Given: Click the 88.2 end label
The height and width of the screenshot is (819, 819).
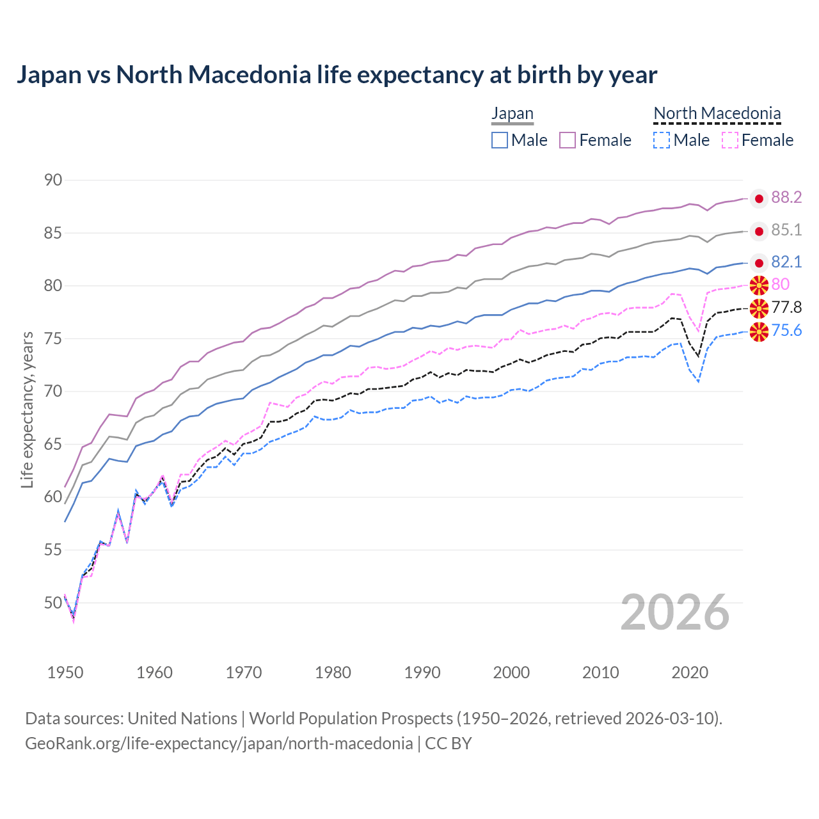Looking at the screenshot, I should tap(786, 198).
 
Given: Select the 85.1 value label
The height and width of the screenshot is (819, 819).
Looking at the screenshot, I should tap(786, 230).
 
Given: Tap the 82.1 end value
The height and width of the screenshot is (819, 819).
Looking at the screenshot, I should tap(786, 262).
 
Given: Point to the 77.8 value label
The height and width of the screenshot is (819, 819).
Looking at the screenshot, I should tap(786, 308).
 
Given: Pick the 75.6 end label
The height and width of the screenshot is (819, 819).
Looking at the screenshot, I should tap(786, 331).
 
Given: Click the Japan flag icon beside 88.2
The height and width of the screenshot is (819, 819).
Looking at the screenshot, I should tap(759, 199).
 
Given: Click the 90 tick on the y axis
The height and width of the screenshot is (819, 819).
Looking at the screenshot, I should tap(54, 180).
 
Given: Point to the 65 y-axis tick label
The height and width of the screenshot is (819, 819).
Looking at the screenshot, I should tap(54, 444).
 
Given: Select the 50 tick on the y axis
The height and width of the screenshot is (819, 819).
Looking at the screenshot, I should tap(54, 603).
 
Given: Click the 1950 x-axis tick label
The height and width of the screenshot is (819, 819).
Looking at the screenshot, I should tap(65, 672).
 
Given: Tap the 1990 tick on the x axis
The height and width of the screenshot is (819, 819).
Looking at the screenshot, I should tap(422, 672).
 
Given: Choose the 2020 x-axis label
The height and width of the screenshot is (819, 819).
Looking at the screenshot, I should tap(690, 672).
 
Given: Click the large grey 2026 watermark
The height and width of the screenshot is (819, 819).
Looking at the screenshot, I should tap(675, 612).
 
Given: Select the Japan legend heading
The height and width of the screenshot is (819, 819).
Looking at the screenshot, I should tap(512, 114).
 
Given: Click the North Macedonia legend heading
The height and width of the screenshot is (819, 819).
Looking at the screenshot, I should tap(717, 114).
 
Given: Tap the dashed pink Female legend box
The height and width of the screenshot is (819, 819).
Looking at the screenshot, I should tap(729, 140).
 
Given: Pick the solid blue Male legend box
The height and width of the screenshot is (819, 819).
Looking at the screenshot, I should tap(500, 140).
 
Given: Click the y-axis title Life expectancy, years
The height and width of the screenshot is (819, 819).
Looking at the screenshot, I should tap(28, 409).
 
